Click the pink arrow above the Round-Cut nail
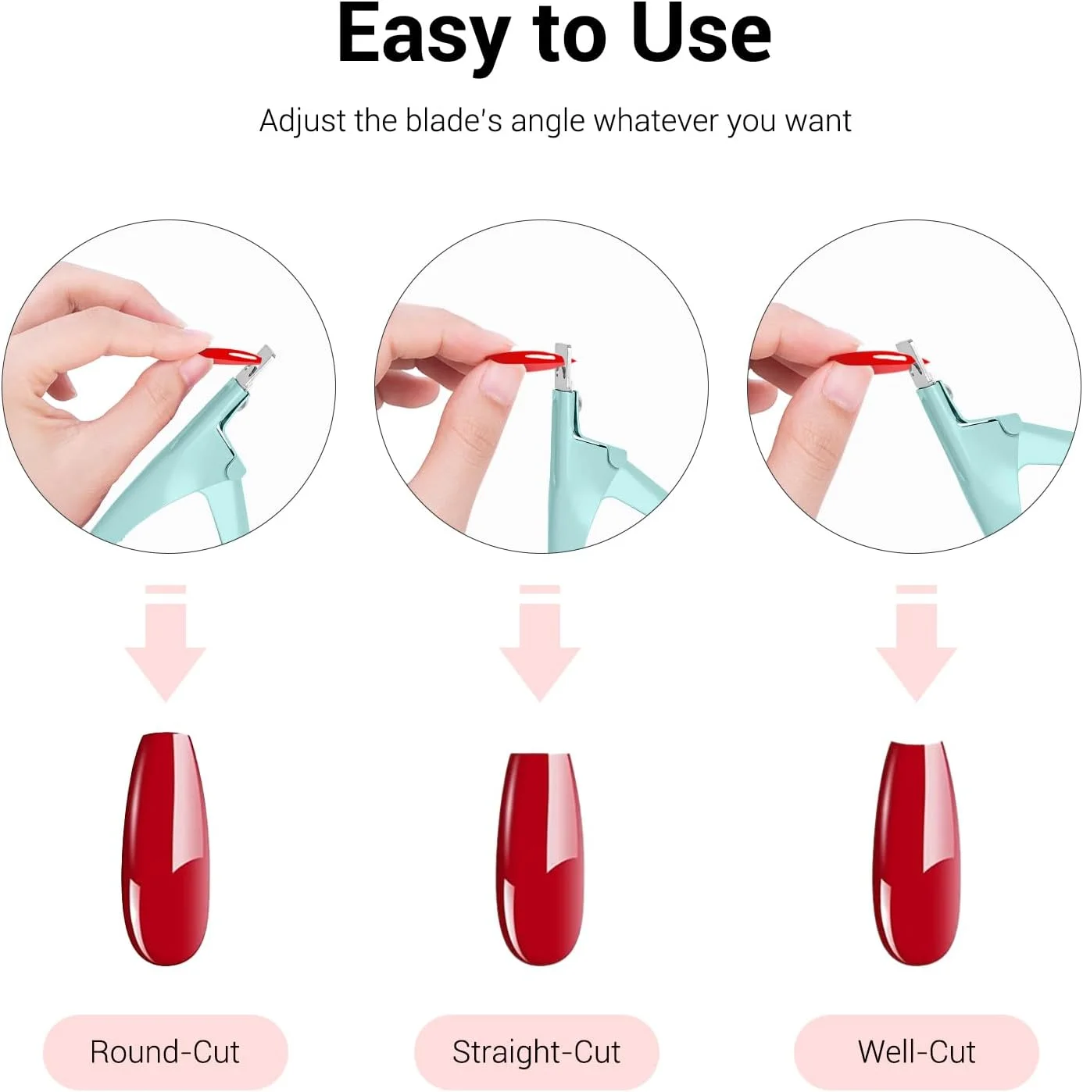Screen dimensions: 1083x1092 pos(166,643)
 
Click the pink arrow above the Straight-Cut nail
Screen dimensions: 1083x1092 pos(540,643)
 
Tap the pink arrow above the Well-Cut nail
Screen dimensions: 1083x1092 pos(917,643)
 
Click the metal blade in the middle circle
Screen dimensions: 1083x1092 pos(563,366)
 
